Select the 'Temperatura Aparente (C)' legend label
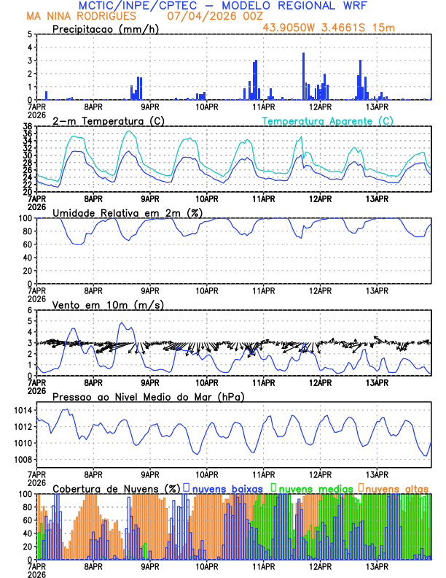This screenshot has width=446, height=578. (327, 120)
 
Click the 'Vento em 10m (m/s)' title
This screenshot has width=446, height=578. (98, 304)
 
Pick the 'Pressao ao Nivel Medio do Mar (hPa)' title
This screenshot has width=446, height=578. (148, 396)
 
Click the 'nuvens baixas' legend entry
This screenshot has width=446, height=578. (222, 488)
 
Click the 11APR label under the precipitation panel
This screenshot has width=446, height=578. (263, 107)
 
